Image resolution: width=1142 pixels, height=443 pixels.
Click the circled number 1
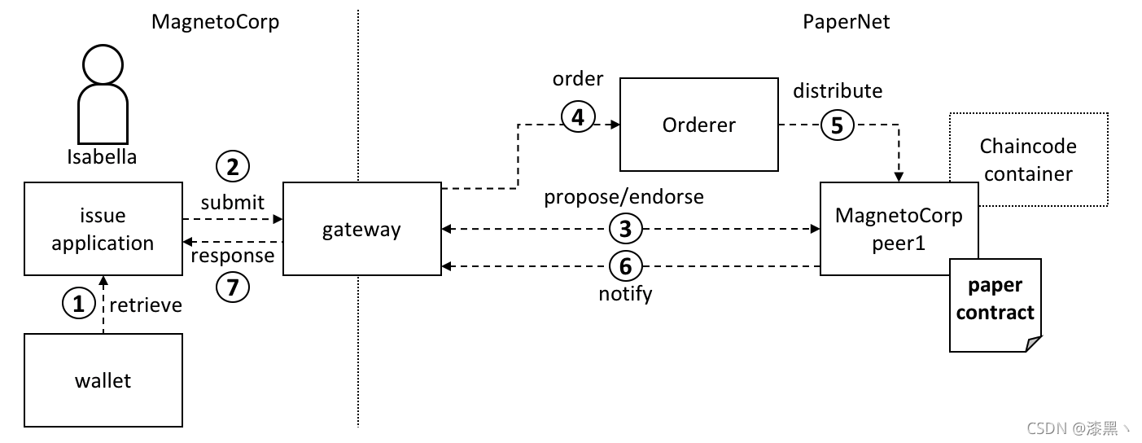[x=78, y=303]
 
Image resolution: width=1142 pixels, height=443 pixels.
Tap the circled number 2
[x=233, y=167]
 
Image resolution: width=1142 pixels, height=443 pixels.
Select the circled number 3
[x=626, y=229]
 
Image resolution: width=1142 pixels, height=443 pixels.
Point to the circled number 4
[x=578, y=116]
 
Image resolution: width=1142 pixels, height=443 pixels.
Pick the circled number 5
[x=837, y=125]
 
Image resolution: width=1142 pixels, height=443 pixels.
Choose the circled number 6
[x=626, y=266]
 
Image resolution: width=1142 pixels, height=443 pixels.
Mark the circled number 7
[x=233, y=287]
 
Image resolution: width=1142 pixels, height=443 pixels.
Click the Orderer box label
[x=699, y=125]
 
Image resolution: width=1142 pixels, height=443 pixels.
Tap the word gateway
[x=361, y=230]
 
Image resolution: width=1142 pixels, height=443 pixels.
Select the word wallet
[x=103, y=380]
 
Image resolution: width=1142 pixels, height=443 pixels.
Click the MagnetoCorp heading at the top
[x=215, y=22]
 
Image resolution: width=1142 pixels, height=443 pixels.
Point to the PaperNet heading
[x=847, y=22]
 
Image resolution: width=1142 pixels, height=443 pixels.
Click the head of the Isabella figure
[x=103, y=64]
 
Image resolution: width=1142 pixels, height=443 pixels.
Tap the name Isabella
[x=102, y=157]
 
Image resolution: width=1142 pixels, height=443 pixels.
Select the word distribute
[x=838, y=90]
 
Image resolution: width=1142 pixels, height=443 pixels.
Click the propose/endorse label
[x=624, y=197]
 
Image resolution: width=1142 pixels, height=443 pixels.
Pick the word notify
[x=626, y=294]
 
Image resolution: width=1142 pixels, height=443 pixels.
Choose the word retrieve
[x=146, y=305]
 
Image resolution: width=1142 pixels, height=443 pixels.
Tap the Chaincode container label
[x=1028, y=160]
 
